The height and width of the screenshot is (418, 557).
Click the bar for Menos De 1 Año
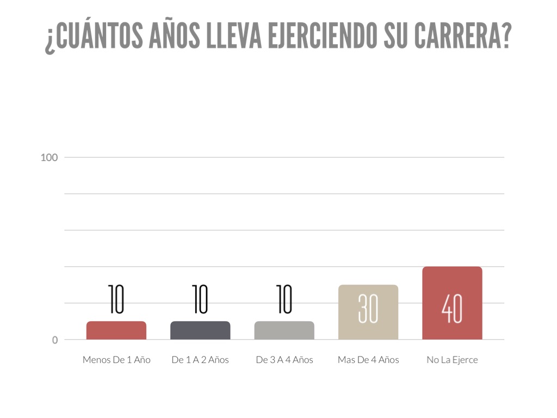[116, 330]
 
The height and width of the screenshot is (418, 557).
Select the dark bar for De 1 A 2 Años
[200, 330]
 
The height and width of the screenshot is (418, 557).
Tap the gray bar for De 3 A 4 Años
[284, 330]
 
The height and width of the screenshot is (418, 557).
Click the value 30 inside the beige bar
[368, 309]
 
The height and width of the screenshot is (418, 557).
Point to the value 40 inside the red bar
[452, 309]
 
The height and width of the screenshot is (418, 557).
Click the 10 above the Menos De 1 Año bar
[116, 299]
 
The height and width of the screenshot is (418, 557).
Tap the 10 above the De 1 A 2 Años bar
[200, 299]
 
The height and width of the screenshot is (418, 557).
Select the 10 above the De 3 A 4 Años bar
[284, 299]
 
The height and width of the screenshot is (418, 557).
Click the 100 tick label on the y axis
[49, 158]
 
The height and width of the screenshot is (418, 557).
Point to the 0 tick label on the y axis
[55, 340]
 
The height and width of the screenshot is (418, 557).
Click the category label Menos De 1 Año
[116, 360]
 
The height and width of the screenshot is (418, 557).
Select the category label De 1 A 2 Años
[200, 360]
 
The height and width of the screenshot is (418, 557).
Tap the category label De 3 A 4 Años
[284, 360]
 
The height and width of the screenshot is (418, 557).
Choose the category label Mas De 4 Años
[368, 360]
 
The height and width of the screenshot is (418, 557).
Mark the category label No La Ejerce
[452, 360]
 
